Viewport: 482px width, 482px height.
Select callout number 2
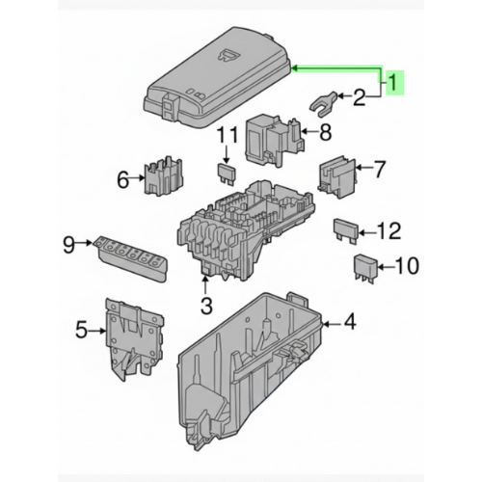[x=360, y=96]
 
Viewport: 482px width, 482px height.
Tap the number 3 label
[x=205, y=307]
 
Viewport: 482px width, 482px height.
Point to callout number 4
[x=349, y=323]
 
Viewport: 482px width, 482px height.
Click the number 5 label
[x=82, y=332]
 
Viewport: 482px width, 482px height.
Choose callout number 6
[x=123, y=178]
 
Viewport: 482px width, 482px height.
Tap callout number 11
[x=227, y=134]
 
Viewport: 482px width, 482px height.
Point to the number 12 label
[x=388, y=230]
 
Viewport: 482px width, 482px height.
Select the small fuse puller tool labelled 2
[x=319, y=97]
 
